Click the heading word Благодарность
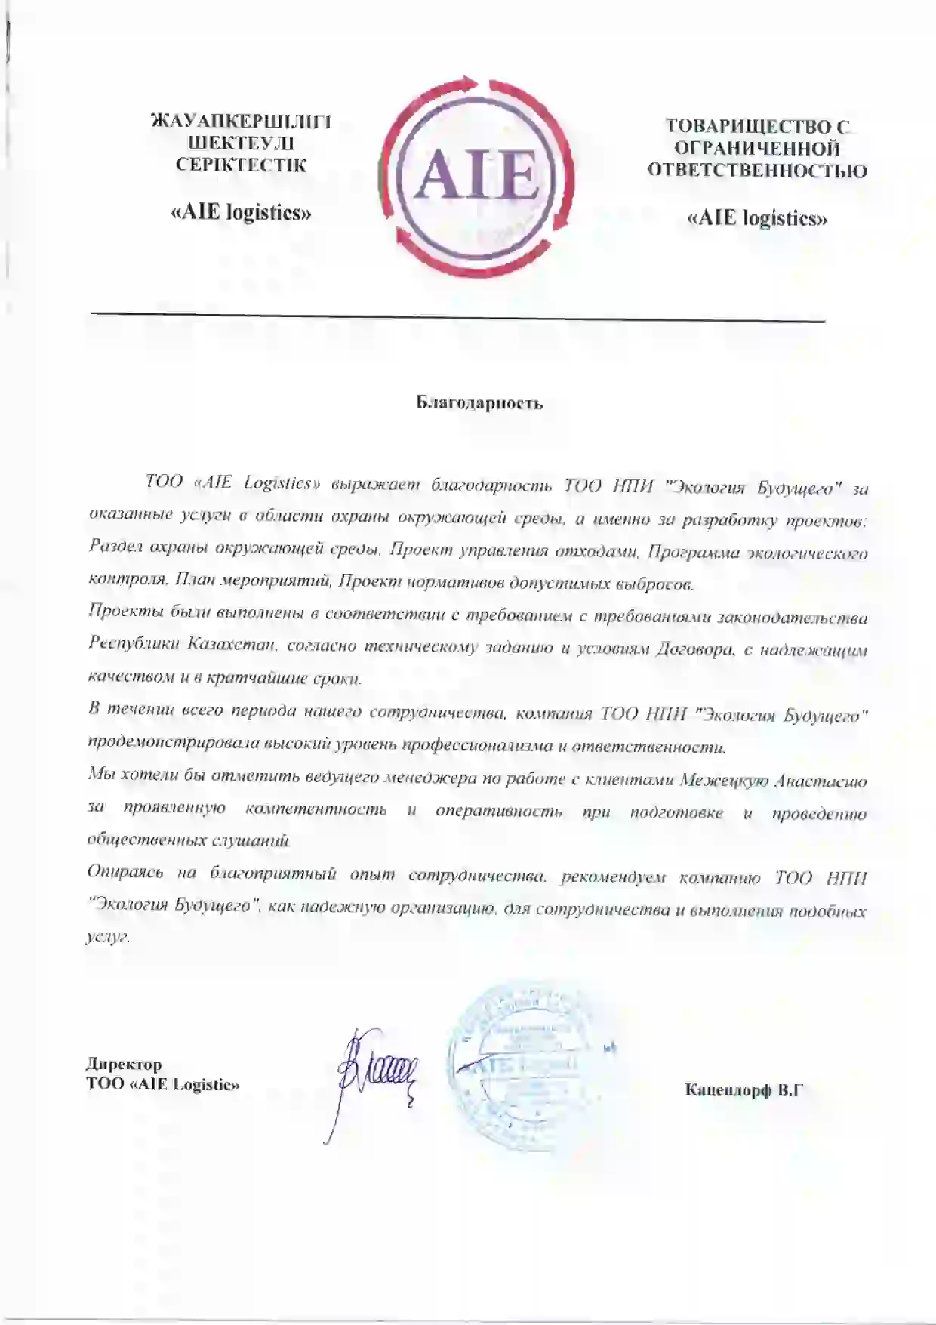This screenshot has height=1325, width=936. [x=479, y=402]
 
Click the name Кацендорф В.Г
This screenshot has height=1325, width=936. [x=743, y=1089]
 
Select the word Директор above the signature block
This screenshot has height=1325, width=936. [x=124, y=1065]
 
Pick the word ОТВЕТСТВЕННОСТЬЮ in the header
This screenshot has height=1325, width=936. [x=757, y=171]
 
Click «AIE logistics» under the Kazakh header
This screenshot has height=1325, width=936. [x=242, y=212]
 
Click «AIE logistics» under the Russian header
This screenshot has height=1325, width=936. [x=757, y=219]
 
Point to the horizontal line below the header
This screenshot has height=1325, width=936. [x=457, y=317]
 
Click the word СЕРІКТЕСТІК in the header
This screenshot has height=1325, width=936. [x=242, y=165]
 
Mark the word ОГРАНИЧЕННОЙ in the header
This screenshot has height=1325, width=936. [x=757, y=148]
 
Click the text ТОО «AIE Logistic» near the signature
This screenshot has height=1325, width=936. [x=163, y=1085]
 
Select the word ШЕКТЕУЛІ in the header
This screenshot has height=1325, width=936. [x=242, y=143]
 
